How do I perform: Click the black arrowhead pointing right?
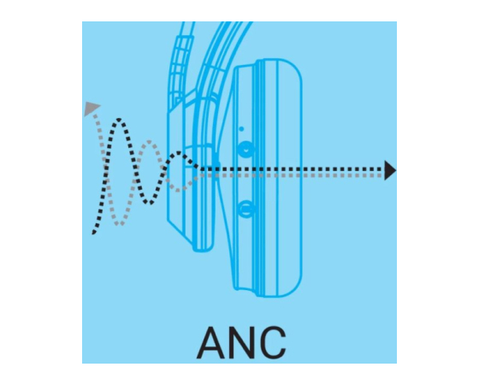[x=390, y=170]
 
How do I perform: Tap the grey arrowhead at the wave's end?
[x=91, y=109]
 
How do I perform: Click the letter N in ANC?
[x=247, y=342]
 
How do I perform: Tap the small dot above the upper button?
[x=241, y=129]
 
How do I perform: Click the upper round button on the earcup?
[x=245, y=150]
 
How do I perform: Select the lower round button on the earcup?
[x=245, y=209]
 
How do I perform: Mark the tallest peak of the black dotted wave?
[x=120, y=120]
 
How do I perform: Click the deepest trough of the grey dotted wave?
[x=119, y=224]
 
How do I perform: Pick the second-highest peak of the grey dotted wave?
[x=149, y=142]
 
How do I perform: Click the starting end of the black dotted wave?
[x=93, y=233]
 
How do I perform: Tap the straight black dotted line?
[x=292, y=169]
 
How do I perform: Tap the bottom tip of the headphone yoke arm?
[x=203, y=250]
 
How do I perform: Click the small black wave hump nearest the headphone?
[x=180, y=152]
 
